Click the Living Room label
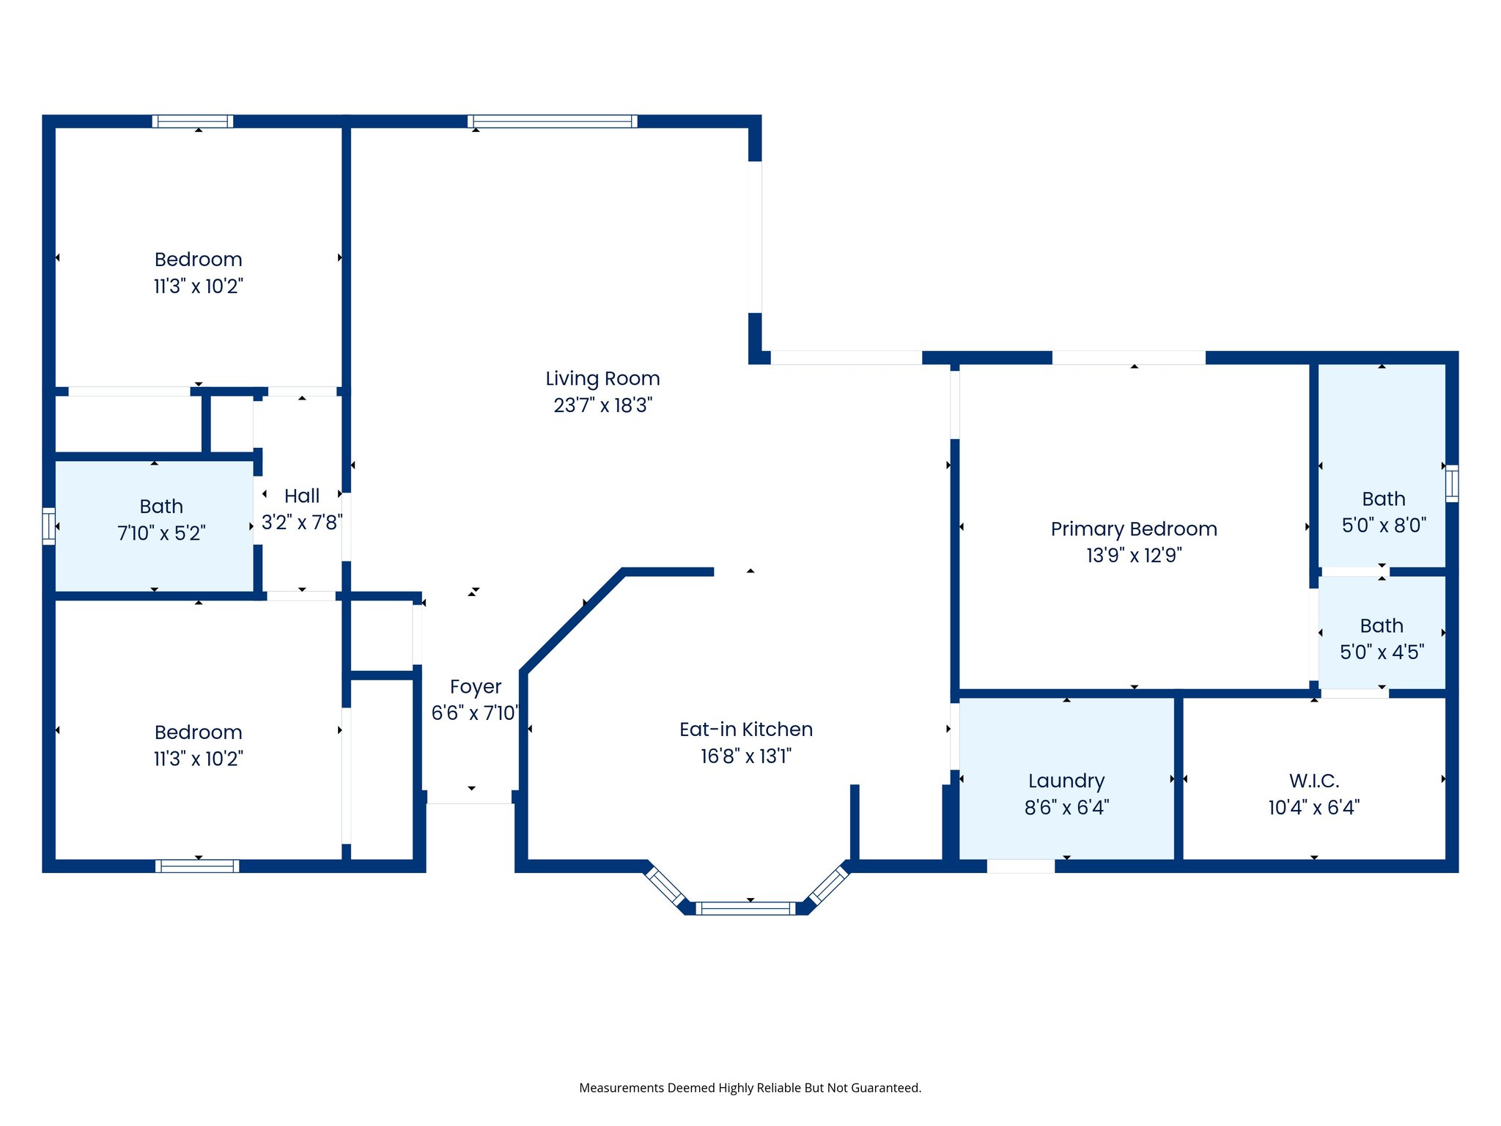[602, 378]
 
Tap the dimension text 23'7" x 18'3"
[602, 405]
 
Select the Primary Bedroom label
[1133, 529]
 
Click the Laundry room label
[1066, 781]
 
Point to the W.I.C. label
[1314, 781]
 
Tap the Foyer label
[475, 687]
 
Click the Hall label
[301, 496]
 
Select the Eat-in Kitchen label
[745, 729]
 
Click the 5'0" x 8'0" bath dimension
[1383, 526]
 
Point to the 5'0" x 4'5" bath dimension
[1382, 652]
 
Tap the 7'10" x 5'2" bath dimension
[161, 533]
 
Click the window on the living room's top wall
[552, 122]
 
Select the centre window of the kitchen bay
[745, 908]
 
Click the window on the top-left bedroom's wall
[193, 122]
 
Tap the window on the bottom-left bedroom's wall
[197, 866]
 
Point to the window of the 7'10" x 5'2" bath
[48, 526]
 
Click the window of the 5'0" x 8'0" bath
[1451, 484]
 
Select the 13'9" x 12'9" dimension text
[1133, 556]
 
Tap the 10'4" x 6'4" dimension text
[1314, 808]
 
